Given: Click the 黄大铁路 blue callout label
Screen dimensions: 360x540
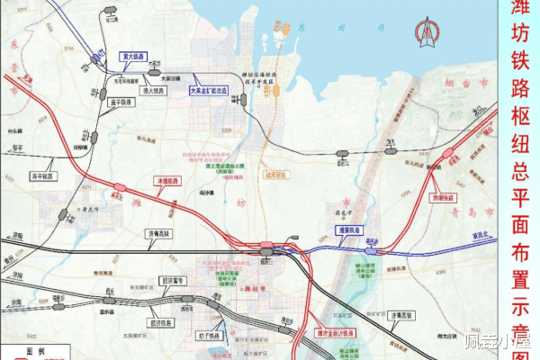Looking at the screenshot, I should tap(132, 56).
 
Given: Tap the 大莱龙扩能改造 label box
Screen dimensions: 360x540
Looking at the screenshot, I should tap(211, 91).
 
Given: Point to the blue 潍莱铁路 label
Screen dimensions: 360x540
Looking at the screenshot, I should tap(349, 229).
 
